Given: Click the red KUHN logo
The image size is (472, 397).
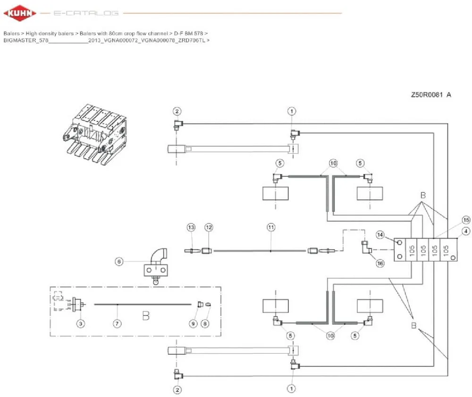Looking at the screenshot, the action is point(20,13).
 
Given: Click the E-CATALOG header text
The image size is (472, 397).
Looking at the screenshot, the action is point(86,13).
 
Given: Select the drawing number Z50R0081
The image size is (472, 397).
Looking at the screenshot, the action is point(427,95).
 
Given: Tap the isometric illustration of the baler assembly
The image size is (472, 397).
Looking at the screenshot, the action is point(95,134).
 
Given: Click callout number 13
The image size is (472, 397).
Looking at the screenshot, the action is point(191,227).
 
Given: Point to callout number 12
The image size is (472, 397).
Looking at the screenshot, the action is point(209,227).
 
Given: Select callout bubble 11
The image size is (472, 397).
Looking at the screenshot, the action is point(271,227).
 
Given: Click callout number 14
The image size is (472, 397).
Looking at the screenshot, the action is point(380,235).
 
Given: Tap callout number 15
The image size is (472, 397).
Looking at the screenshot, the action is point(466,220).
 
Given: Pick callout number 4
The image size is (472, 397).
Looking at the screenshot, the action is point(466,231).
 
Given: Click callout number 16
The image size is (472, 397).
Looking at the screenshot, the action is point(380,264).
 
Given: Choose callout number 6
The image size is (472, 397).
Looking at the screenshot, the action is point(119,261).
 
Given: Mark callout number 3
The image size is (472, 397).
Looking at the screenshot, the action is point(81,323).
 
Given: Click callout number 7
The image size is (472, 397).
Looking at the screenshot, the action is point(117,323).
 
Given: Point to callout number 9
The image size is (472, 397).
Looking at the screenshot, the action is point(193,323).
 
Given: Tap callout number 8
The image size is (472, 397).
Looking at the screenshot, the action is point(205,323).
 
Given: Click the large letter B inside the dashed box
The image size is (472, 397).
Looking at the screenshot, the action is point(146,316).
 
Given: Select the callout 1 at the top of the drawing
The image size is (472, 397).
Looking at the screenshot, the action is point(291,111).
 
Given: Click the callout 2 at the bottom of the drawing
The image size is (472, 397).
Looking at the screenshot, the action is point(177,390).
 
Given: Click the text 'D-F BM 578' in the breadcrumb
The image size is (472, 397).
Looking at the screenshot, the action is point(188,33).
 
